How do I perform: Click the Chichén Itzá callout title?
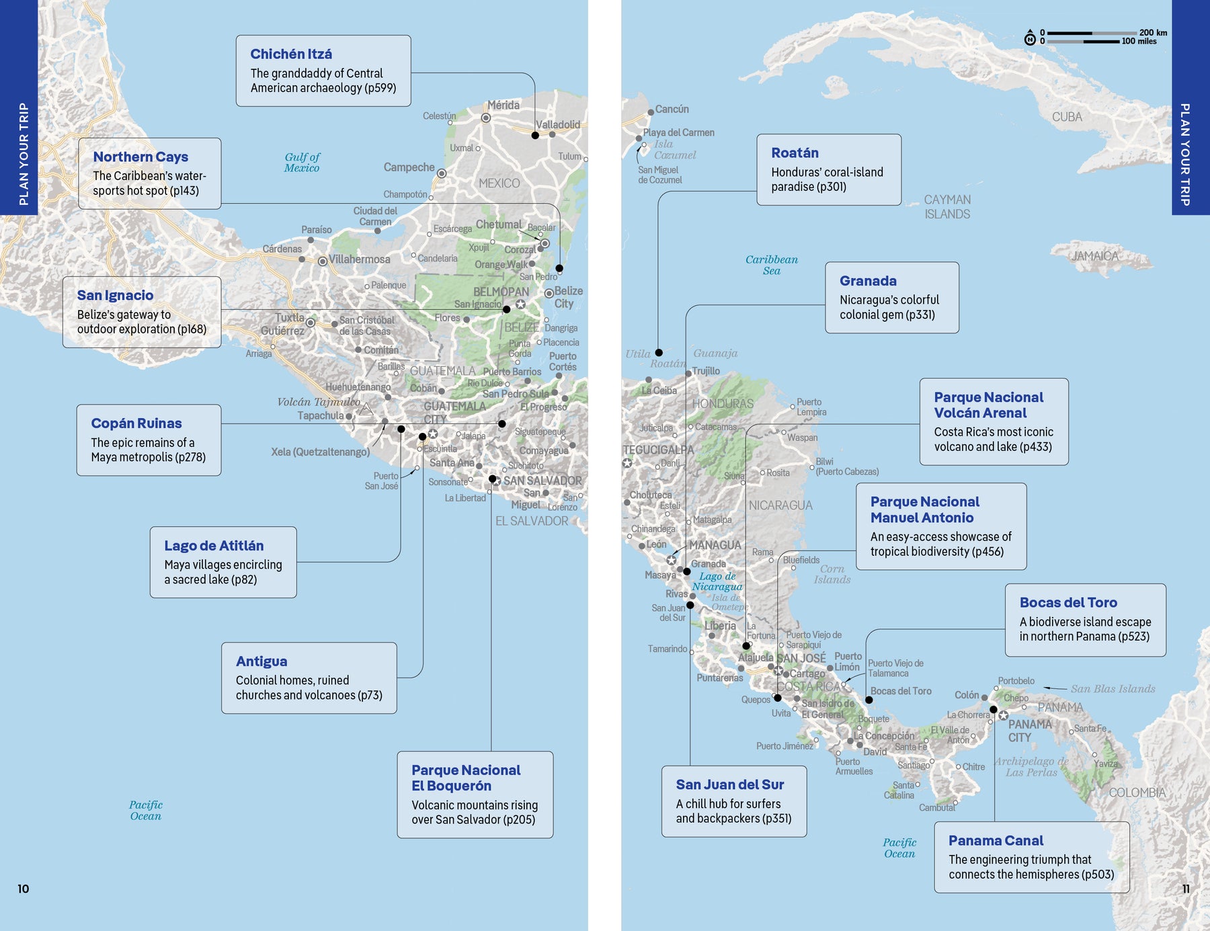[290, 54]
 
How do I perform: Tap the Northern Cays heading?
[140, 157]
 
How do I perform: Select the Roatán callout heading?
[795, 153]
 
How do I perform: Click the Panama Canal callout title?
[996, 840]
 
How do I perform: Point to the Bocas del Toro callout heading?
[1068, 602]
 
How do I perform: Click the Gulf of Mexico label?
[302, 162]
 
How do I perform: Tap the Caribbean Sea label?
[771, 265]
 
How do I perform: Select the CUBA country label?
[1067, 117]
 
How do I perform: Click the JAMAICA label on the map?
[1095, 256]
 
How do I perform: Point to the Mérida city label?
[503, 105]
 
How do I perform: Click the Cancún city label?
[672, 109]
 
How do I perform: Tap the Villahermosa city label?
[359, 259]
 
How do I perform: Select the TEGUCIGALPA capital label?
[658, 450]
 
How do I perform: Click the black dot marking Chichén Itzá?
[535, 135]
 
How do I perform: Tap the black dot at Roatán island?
[659, 352]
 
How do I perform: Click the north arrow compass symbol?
[1030, 38]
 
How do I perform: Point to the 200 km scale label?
[1153, 32]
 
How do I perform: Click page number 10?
[24, 889]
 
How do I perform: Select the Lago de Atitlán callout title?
[214, 546]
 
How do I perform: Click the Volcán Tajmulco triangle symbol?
[365, 409]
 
